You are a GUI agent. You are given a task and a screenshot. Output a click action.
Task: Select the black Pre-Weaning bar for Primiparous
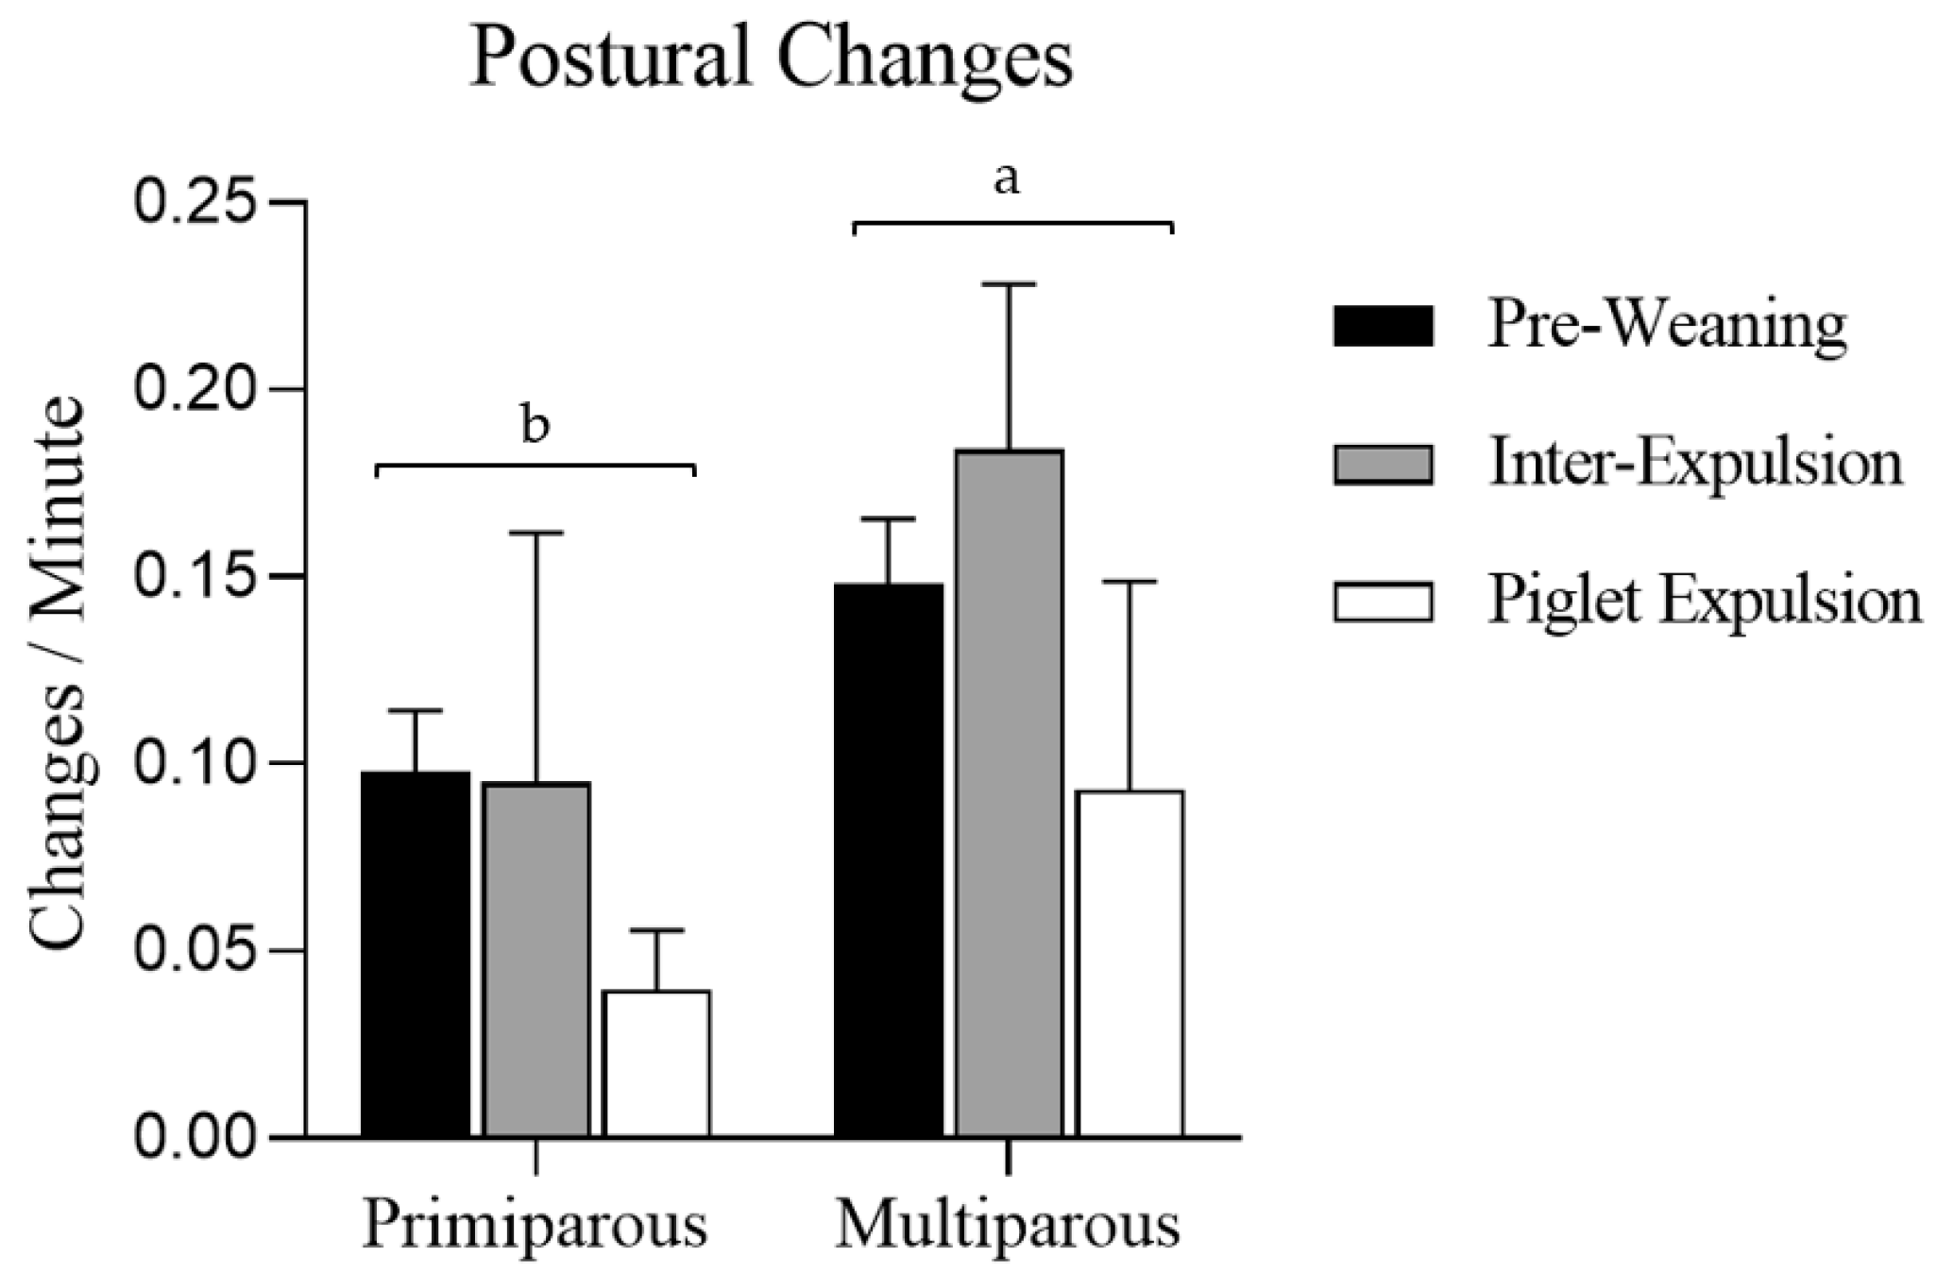tap(416, 954)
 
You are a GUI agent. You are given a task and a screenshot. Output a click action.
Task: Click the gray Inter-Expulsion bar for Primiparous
tap(536, 959)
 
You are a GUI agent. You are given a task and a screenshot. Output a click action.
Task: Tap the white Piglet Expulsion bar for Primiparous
tap(656, 1062)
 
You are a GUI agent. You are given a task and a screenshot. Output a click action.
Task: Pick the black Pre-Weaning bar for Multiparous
tap(889, 859)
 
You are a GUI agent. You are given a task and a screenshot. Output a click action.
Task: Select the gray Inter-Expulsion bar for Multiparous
tap(1009, 793)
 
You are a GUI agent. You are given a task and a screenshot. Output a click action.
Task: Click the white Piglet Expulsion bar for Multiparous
tap(1130, 963)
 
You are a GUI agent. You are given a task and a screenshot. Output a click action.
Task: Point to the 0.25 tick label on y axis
tap(195, 202)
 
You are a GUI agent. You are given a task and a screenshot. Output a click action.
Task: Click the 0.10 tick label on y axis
tap(195, 763)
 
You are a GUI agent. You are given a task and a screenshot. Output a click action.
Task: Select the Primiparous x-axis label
tap(535, 1225)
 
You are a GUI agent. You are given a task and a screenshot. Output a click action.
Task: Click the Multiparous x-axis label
tap(1008, 1225)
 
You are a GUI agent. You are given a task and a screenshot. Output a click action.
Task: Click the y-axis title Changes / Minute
tap(59, 672)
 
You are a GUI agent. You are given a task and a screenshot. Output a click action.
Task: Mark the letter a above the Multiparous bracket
tap(1008, 179)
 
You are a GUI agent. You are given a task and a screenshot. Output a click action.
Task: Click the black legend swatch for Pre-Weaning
tap(1383, 326)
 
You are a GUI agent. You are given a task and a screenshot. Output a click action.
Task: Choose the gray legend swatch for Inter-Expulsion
tap(1383, 464)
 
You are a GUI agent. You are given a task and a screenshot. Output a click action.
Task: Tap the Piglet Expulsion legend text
tap(1704, 601)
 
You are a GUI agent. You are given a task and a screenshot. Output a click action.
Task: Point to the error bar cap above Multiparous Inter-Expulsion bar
tap(1009, 283)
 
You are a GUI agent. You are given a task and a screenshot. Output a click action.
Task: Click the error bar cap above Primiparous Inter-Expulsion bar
tap(536, 533)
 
